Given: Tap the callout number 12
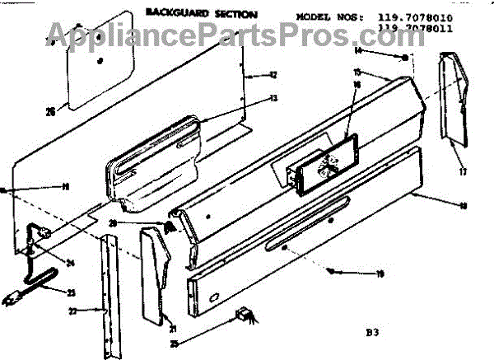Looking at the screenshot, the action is tap(273, 75).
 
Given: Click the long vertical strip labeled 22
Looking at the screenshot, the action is tap(105, 297).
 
